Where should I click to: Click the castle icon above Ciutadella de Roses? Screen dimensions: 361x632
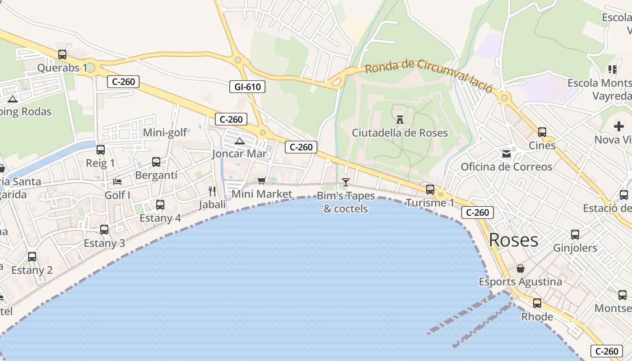tap(400, 120)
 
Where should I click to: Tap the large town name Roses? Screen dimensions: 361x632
tap(514, 240)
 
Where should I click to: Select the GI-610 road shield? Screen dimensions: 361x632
tap(247, 87)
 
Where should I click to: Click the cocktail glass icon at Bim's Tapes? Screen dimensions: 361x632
tap(346, 182)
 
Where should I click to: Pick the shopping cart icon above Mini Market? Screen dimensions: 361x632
tap(261, 180)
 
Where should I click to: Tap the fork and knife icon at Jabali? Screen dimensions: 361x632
tap(212, 191)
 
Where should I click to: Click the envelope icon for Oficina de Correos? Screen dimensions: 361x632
tap(506, 154)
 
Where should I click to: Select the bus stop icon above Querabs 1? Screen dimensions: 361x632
tap(62, 55)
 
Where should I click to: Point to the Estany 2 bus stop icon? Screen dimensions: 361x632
tap(32, 257)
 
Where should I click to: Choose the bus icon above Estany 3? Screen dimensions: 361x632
tap(104, 230)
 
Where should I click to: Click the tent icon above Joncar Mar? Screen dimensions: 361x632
tap(239, 141)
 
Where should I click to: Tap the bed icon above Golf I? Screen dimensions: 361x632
tap(117, 182)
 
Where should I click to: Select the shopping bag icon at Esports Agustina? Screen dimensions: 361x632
tap(520, 268)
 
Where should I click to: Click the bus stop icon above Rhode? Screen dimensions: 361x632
tap(537, 303)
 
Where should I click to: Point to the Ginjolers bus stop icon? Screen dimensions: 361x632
tap(575, 235)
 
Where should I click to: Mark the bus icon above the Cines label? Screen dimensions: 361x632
tap(542, 132)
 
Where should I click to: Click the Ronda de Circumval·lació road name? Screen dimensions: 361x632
tap(428, 75)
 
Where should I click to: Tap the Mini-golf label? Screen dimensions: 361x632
tap(165, 133)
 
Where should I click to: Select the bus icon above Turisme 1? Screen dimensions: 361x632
tap(430, 190)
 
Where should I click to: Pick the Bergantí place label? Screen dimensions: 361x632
tap(156, 176)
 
